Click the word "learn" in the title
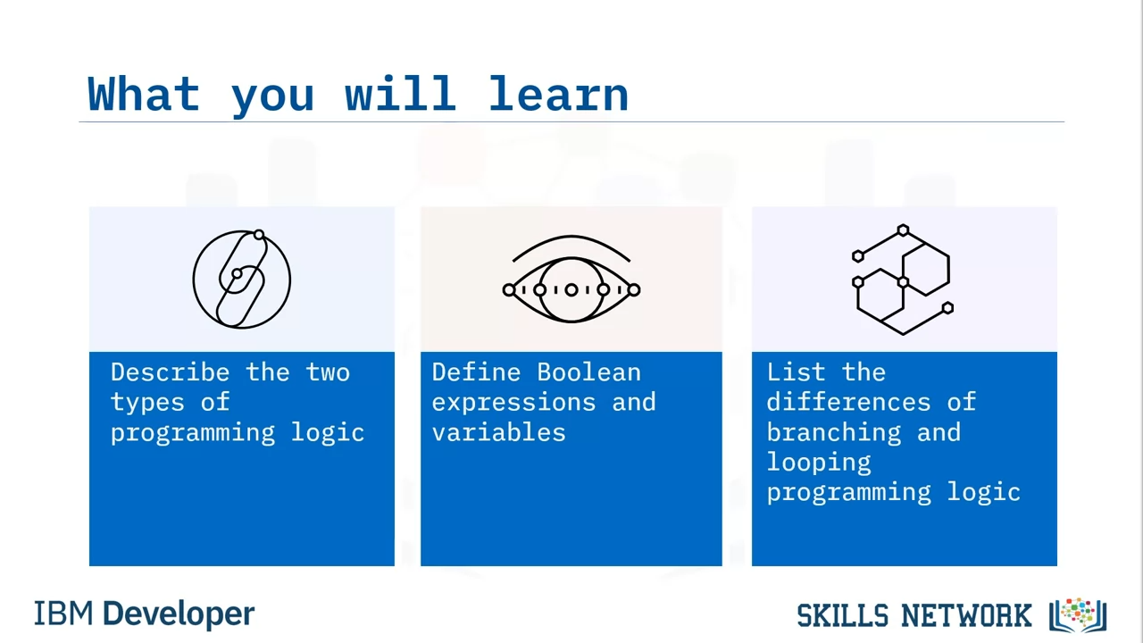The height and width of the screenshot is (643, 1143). (558, 94)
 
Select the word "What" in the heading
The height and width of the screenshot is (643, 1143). (144, 94)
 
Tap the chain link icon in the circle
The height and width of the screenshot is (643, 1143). (242, 280)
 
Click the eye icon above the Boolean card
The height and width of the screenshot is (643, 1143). (571, 280)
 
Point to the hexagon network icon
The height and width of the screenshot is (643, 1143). (903, 280)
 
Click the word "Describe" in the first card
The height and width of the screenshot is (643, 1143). (170, 372)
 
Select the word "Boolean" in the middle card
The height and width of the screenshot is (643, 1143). (588, 372)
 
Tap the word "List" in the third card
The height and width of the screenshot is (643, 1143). (796, 372)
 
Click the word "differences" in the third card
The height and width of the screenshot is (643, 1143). (848, 402)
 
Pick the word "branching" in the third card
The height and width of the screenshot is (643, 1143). (834, 432)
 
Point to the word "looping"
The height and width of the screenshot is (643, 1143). (819, 463)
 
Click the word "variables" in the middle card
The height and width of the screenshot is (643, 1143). (498, 432)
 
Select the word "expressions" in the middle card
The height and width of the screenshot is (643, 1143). (513, 403)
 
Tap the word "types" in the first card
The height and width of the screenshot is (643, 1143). (147, 403)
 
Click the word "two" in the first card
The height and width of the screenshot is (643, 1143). (328, 372)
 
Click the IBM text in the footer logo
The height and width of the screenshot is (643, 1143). (63, 614)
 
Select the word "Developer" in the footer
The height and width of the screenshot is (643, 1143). (179, 614)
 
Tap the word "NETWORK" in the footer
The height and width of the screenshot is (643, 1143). (966, 615)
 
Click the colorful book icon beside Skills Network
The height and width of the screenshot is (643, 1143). (1078, 614)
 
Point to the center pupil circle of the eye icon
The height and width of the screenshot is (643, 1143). (571, 290)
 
